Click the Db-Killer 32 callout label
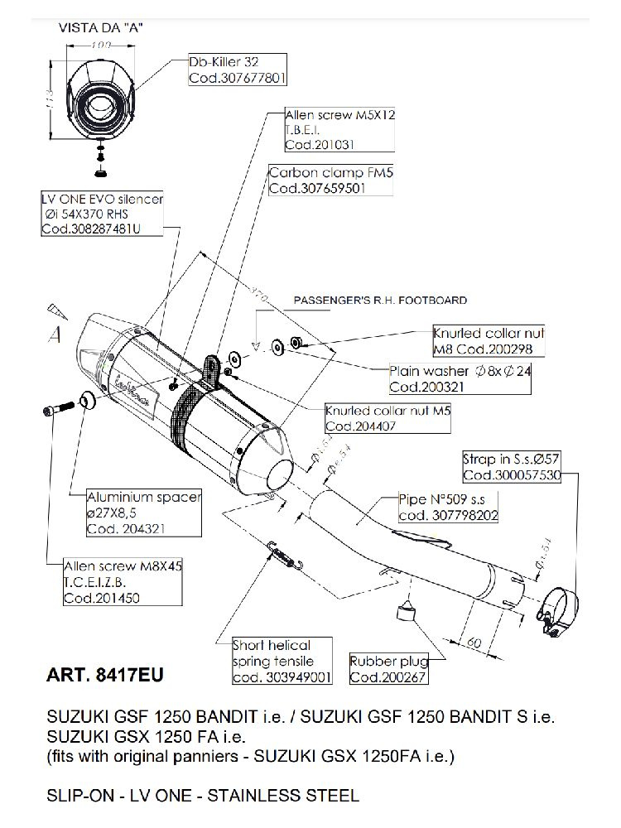pos(237,70)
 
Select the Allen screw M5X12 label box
pos(339,129)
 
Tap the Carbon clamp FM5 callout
pos(318,181)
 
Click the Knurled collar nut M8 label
pos(489,339)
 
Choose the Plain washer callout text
pos(460,378)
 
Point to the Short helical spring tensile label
pos(282,661)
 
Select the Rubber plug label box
pos(389,669)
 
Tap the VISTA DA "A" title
pos(100,27)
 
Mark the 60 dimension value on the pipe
pos(475,642)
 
